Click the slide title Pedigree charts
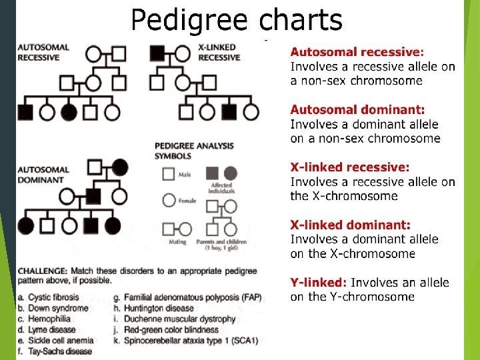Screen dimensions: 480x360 (237, 20)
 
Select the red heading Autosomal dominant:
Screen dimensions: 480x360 (357, 109)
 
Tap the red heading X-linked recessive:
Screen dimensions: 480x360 (350, 167)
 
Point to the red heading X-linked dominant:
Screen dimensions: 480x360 (350, 225)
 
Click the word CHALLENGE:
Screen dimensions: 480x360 (41, 271)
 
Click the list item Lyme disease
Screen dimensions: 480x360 (53, 329)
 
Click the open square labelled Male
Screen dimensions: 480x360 (168, 174)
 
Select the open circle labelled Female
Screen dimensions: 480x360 (169, 200)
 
